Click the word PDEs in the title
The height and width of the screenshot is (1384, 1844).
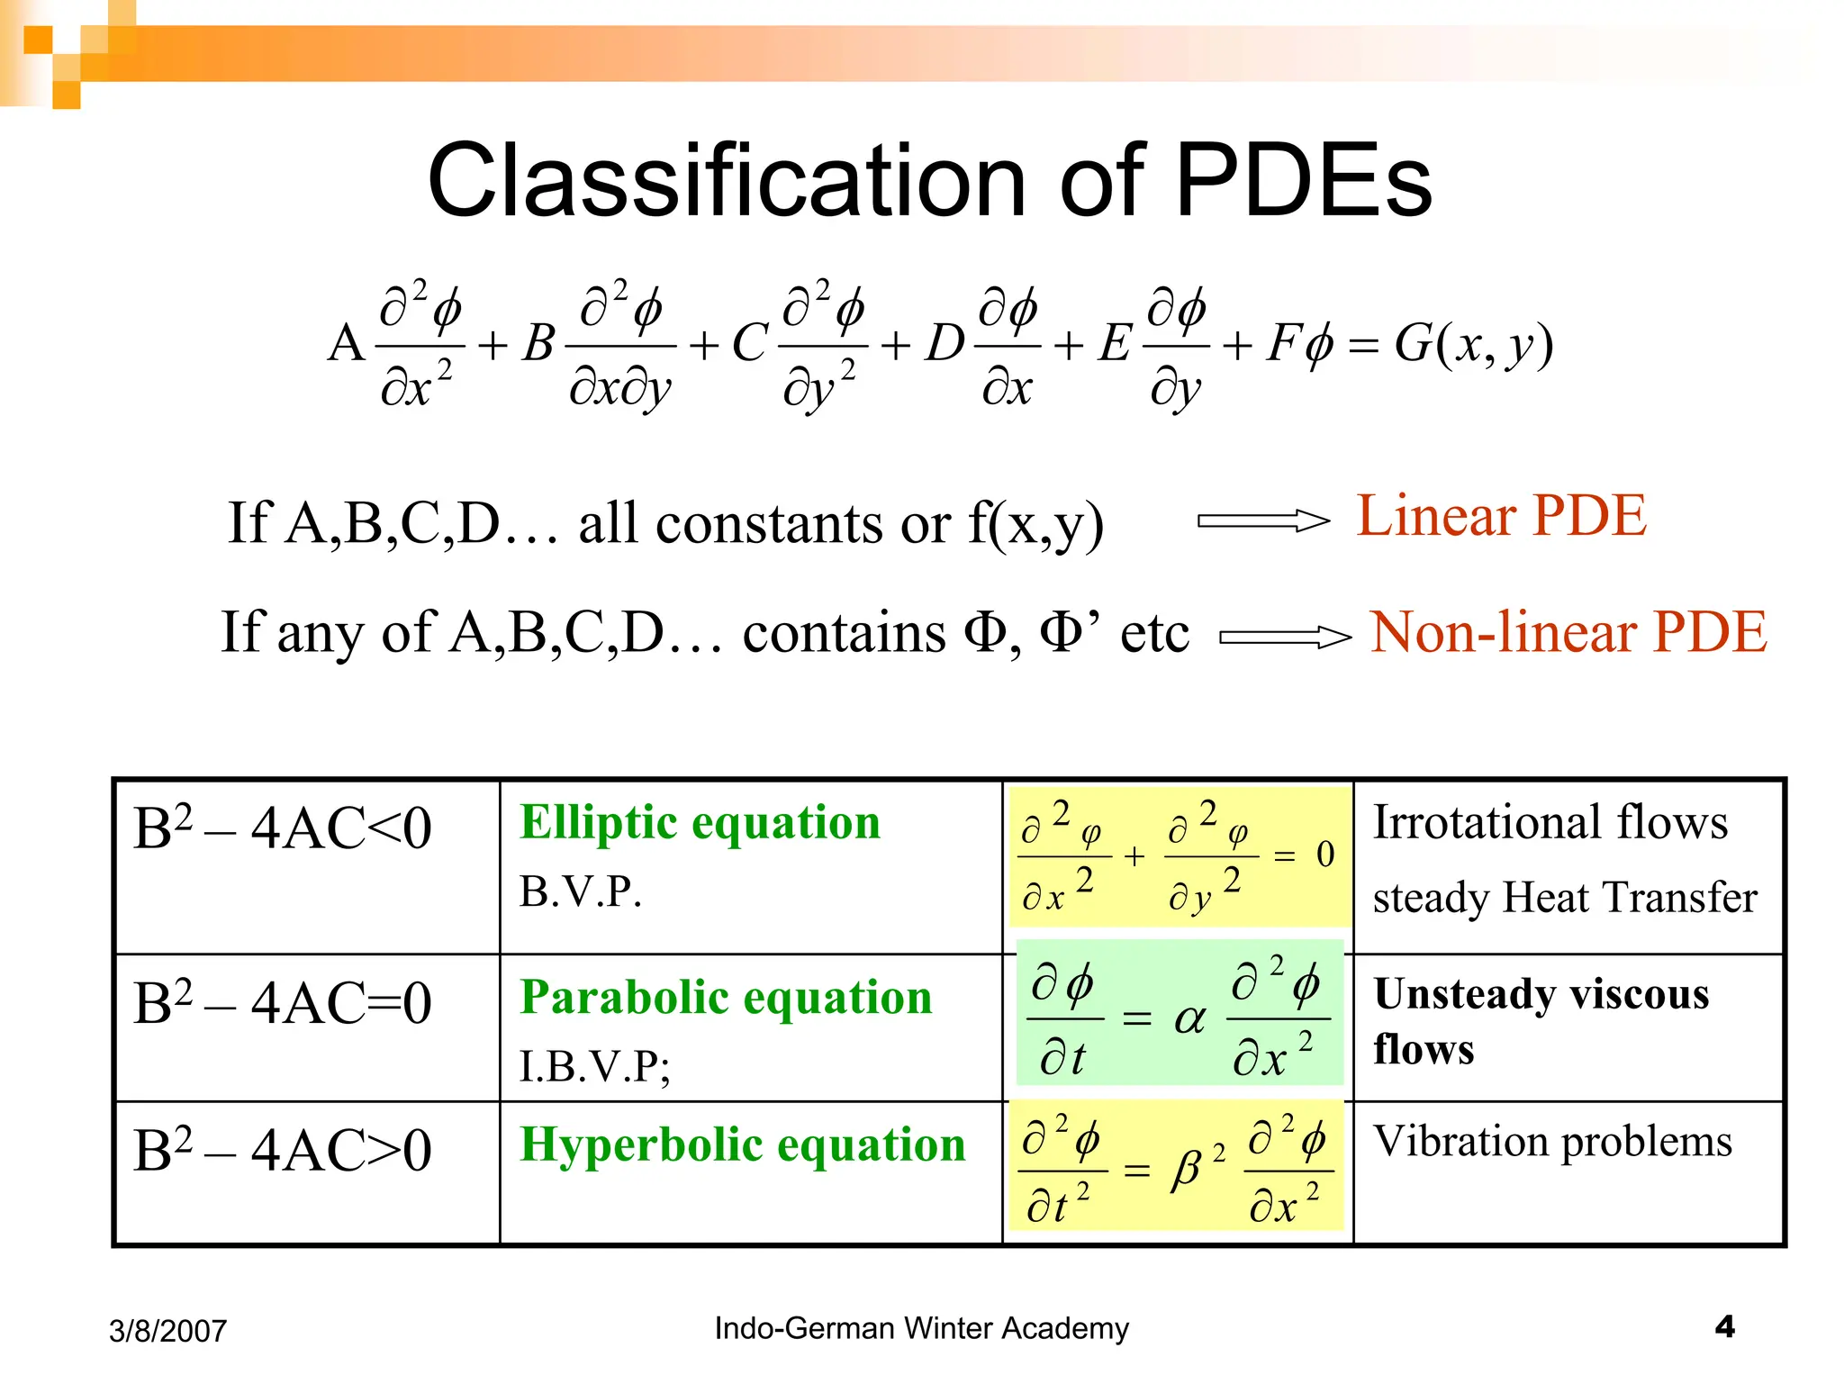[1303, 180]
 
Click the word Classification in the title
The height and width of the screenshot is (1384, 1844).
[727, 180]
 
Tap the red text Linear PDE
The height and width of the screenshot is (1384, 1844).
[1501, 516]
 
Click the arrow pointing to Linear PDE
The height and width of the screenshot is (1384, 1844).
[1262, 521]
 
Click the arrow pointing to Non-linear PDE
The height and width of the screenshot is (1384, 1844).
[1285, 638]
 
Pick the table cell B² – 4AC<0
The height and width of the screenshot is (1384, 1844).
[283, 828]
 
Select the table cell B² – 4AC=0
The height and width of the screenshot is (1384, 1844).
[283, 1003]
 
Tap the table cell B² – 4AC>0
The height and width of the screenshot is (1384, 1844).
[283, 1150]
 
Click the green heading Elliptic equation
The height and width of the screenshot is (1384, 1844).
[700, 822]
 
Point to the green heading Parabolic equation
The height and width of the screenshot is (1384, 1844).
[726, 998]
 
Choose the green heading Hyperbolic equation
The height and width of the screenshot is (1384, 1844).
[742, 1145]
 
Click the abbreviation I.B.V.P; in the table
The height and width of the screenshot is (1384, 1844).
[594, 1067]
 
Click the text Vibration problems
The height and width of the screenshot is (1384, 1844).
[1552, 1142]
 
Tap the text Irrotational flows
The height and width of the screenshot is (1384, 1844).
[1550, 822]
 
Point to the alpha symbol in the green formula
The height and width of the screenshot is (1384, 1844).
[1189, 1018]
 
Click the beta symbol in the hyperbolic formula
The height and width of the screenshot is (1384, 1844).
[1188, 1170]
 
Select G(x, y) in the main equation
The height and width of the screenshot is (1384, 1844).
[1473, 345]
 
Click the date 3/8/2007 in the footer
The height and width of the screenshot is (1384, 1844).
[167, 1331]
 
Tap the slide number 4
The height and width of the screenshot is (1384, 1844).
[1724, 1326]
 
